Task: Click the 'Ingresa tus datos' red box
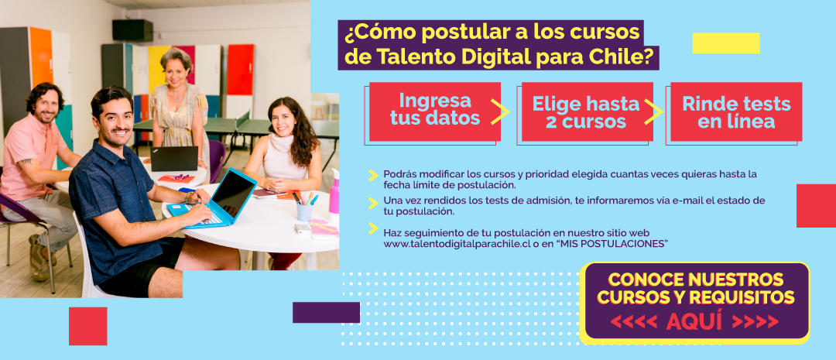pyautogui.click(x=434, y=111)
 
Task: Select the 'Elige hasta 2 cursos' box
pyautogui.click(x=587, y=111)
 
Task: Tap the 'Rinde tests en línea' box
pyautogui.click(x=736, y=111)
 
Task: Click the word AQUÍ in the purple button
pyautogui.click(x=694, y=321)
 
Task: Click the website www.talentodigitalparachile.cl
pyautogui.click(x=458, y=244)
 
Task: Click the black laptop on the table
pyautogui.click(x=174, y=159)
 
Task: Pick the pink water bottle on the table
pyautogui.click(x=334, y=196)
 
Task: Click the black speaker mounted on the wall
pyautogui.click(x=132, y=30)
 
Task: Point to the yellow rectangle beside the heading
pyautogui.click(x=725, y=43)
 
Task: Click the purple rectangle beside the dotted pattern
pyautogui.click(x=326, y=313)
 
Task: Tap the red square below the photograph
pyautogui.click(x=88, y=326)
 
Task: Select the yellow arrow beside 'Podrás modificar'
pyautogui.click(x=373, y=175)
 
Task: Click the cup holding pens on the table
pyautogui.click(x=305, y=212)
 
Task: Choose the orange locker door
pyautogui.click(x=41, y=57)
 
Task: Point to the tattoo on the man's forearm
pyautogui.click(x=25, y=160)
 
